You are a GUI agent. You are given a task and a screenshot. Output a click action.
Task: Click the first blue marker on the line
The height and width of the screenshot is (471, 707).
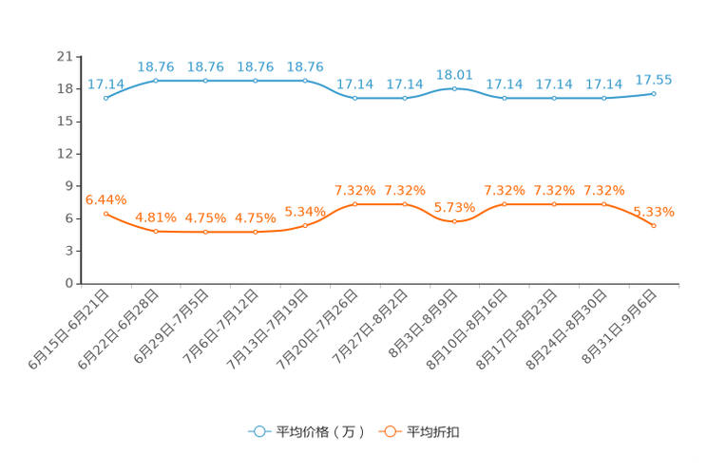click(105, 98)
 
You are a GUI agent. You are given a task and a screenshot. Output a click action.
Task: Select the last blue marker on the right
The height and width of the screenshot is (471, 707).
click(654, 93)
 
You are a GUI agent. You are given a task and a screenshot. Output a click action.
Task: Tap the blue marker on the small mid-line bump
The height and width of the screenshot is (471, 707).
click(454, 88)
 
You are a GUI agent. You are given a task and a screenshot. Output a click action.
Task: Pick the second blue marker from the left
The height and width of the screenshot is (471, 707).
click(155, 81)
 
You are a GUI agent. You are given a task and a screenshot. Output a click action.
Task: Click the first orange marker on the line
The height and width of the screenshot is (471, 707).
click(105, 213)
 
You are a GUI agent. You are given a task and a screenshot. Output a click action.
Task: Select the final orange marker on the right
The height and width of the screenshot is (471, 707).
click(654, 225)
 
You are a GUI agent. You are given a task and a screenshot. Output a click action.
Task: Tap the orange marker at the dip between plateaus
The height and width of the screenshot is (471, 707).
click(454, 221)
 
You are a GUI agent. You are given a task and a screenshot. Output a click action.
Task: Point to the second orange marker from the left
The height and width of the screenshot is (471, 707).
click(155, 231)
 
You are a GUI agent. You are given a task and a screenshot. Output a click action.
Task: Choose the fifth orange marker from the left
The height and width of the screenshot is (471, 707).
click(305, 225)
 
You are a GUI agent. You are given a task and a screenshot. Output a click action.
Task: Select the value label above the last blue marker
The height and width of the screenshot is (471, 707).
click(654, 78)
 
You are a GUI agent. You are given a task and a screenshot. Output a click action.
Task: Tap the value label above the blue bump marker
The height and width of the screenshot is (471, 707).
click(454, 73)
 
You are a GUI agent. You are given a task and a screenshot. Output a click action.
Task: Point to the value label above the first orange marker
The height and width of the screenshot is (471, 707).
click(105, 198)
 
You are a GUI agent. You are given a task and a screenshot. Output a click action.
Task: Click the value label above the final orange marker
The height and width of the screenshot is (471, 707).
click(654, 210)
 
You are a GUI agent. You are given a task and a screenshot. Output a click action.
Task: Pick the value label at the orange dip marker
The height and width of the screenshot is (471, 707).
click(454, 207)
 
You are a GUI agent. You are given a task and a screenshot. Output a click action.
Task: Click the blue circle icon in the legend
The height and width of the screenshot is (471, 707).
click(258, 431)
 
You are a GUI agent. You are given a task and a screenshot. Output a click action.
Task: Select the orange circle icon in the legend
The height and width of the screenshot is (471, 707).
click(388, 431)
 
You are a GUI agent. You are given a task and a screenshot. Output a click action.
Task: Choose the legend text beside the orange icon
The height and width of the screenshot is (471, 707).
click(433, 432)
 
